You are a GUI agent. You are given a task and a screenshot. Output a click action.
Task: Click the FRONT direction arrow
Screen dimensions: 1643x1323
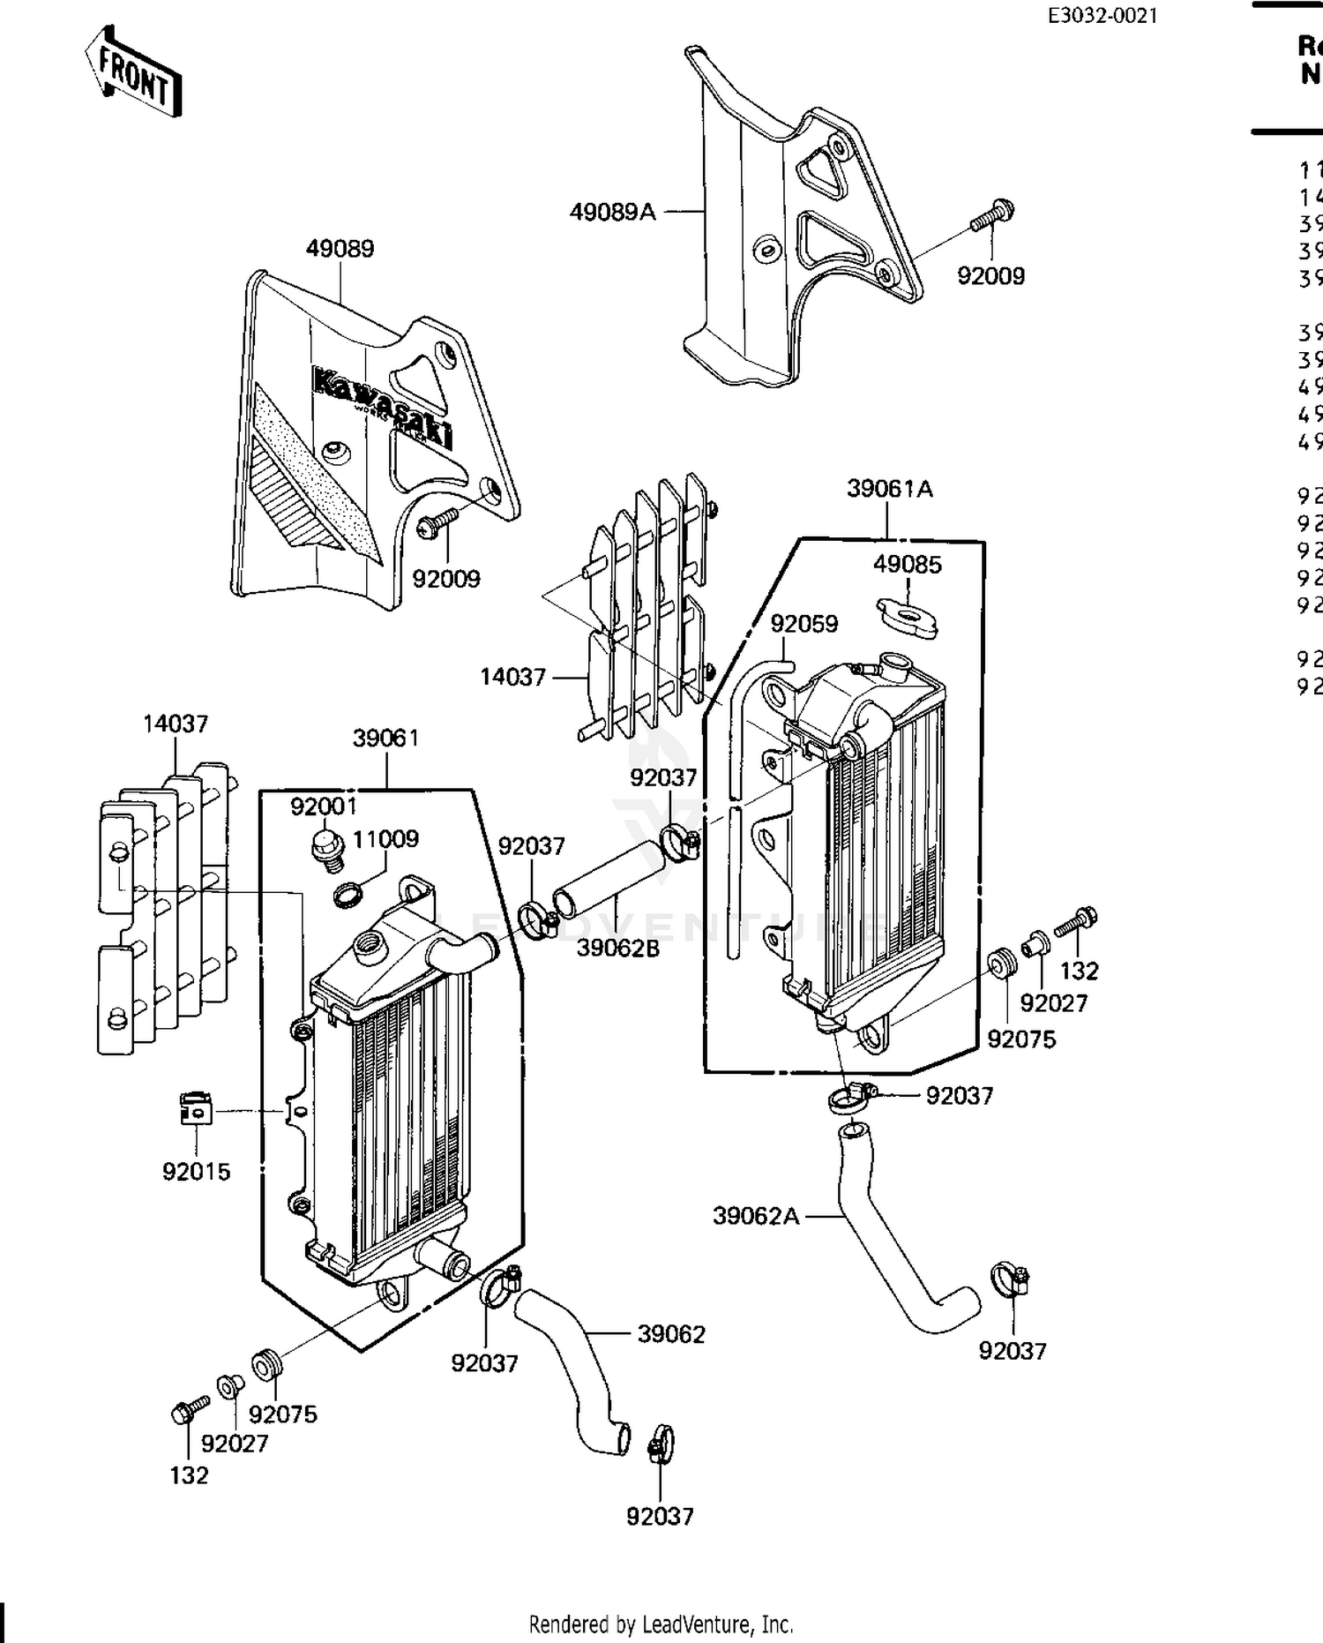coord(134,72)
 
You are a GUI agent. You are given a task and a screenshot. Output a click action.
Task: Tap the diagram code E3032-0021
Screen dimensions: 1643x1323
coord(1102,15)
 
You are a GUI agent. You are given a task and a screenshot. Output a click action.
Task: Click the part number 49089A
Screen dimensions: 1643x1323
coord(612,213)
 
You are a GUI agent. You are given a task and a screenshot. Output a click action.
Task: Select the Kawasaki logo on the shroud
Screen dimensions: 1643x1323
coord(383,407)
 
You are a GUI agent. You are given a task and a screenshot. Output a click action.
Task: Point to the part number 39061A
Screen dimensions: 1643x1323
coord(889,489)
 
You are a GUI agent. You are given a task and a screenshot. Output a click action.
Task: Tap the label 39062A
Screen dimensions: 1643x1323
coord(756,1216)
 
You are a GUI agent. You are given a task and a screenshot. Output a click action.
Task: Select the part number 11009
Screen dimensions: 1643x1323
coord(385,838)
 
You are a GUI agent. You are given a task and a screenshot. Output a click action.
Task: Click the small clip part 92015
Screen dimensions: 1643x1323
coord(196,1109)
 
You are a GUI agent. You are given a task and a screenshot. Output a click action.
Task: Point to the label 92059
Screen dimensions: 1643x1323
coord(804,624)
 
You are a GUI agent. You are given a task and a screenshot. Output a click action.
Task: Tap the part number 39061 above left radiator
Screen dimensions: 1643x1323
coord(385,738)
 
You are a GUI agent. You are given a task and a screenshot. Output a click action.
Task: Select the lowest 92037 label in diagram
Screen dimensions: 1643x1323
coord(660,1516)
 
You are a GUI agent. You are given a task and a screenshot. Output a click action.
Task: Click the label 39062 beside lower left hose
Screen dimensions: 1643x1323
coord(671,1334)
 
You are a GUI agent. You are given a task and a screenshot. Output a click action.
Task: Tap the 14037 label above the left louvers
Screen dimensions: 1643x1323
coord(176,724)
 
